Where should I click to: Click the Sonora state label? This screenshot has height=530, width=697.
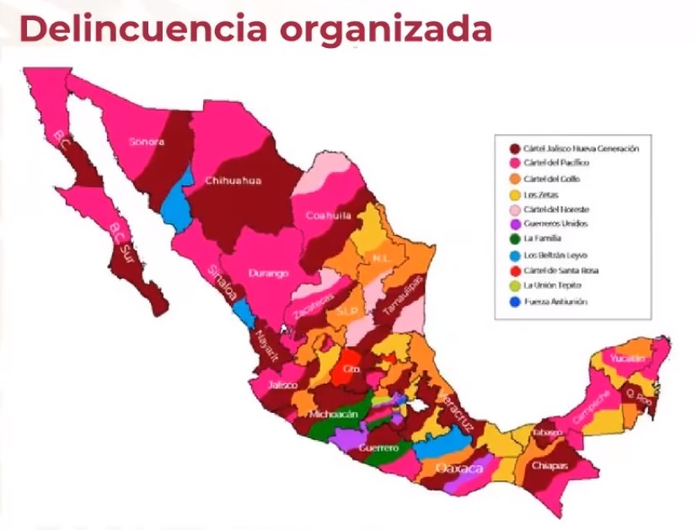coord(146,142)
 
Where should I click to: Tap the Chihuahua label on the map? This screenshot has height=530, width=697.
coord(233,180)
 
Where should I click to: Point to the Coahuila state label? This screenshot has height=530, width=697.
coord(328,216)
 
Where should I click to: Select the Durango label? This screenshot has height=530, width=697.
coord(269,273)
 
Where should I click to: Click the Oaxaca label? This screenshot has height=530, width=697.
coord(459,468)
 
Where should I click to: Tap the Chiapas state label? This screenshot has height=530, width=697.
coord(549,465)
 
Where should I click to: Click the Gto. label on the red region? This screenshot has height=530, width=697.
coord(351,369)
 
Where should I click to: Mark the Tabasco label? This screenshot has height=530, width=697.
coord(546,433)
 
